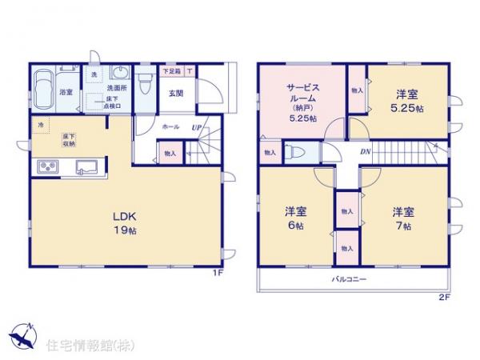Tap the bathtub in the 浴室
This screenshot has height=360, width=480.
[x=44, y=83]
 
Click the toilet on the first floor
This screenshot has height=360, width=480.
[x=146, y=84]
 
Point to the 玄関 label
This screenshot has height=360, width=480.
[x=176, y=92]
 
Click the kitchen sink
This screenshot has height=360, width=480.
[x=86, y=167]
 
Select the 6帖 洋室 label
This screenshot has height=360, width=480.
[x=295, y=219]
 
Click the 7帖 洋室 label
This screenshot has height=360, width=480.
[x=402, y=219]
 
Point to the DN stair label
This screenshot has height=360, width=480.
[x=364, y=151]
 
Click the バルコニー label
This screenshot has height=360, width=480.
[x=350, y=280]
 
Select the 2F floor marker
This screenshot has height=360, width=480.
[x=445, y=298]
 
